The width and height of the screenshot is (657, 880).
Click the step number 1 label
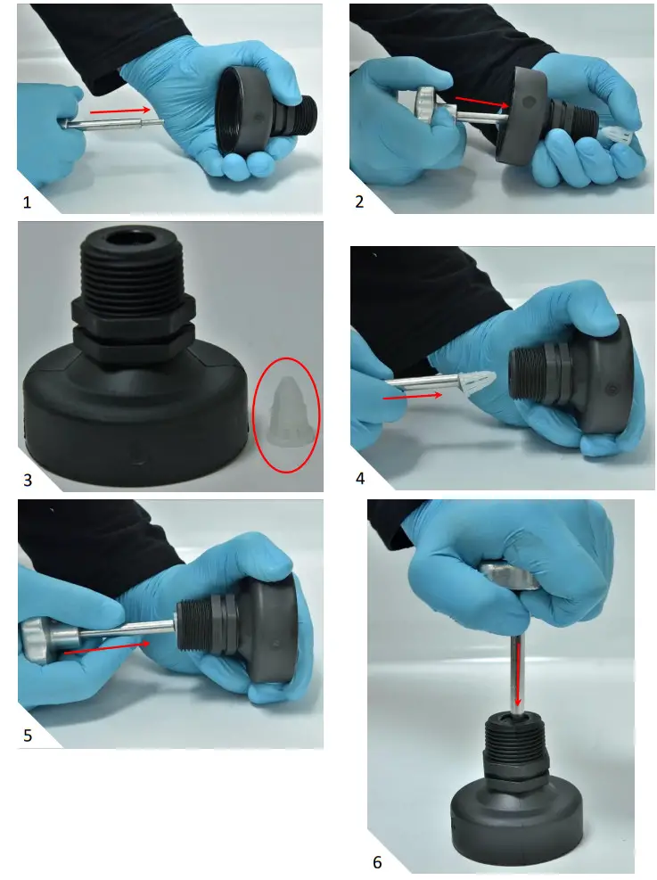pyautogui.click(x=27, y=202)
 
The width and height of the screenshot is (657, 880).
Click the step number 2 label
pyautogui.click(x=359, y=201)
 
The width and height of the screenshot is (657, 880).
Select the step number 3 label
pyautogui.click(x=28, y=480)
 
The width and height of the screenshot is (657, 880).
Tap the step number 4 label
pyautogui.click(x=360, y=478)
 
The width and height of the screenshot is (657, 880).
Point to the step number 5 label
pyautogui.click(x=28, y=736)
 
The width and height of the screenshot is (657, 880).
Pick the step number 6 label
pyautogui.click(x=377, y=861)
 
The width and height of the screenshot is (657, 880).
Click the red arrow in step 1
pyautogui.click(x=120, y=111)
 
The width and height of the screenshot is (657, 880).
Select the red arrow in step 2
pyautogui.click(x=482, y=102)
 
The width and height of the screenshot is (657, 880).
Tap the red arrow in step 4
pyautogui.click(x=413, y=396)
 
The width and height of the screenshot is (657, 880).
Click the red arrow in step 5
pyautogui.click(x=107, y=648)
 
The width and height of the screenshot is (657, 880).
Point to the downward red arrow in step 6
pyautogui.click(x=518, y=673)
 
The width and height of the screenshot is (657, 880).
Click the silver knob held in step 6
pyautogui.click(x=509, y=576)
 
